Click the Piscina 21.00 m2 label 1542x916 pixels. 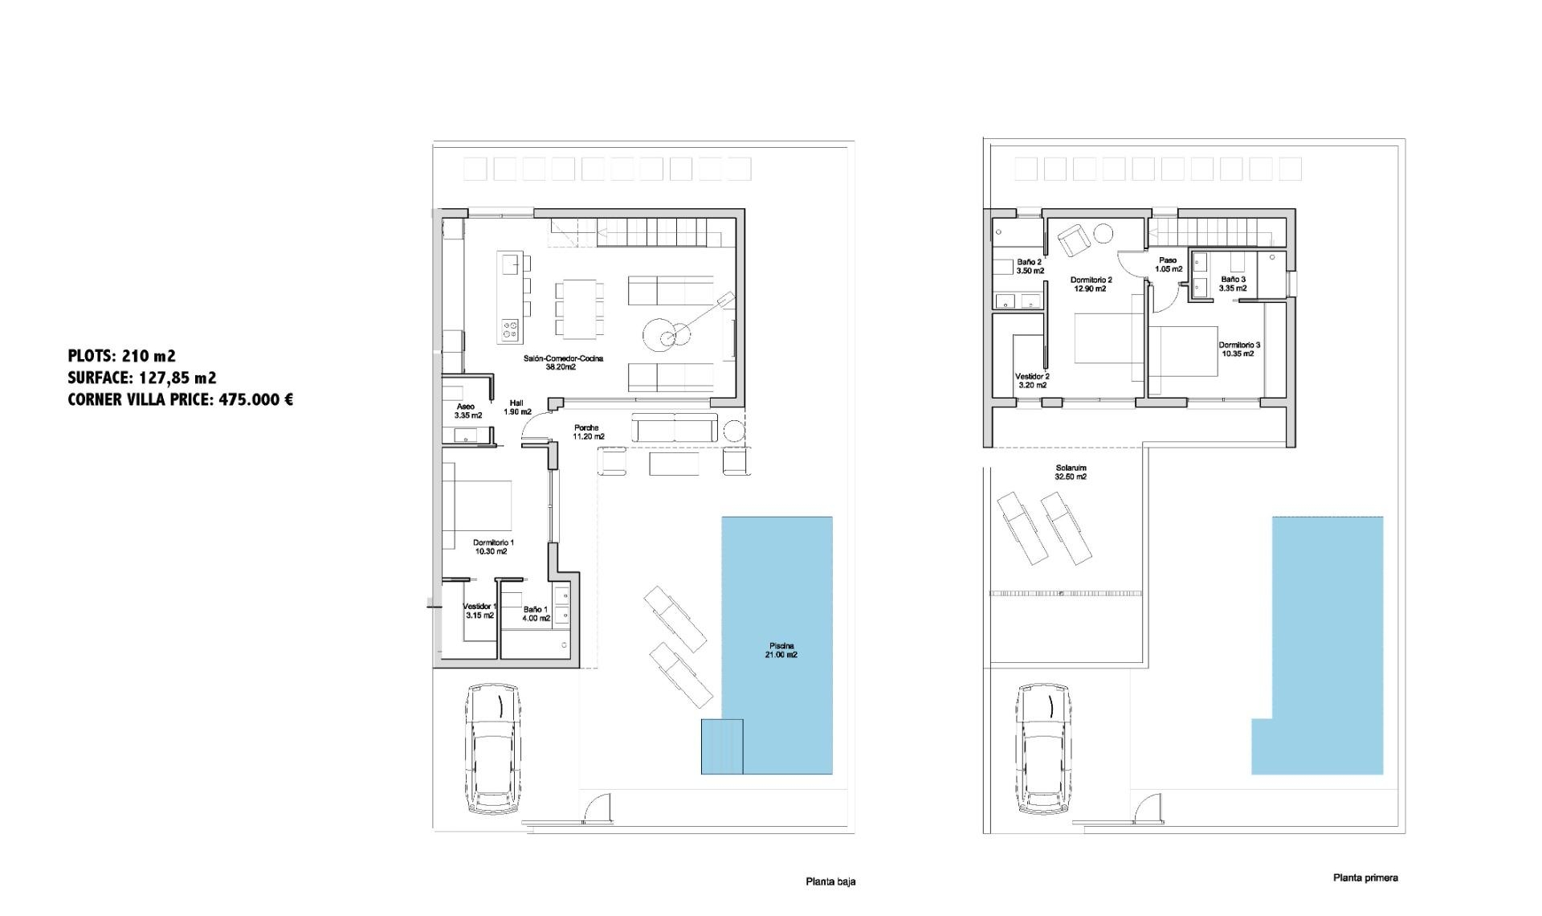[x=781, y=650]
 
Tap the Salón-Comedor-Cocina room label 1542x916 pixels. [x=563, y=362]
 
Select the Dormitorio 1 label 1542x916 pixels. [x=493, y=547]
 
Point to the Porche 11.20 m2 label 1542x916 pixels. [x=587, y=432]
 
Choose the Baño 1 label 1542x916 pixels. [x=536, y=614]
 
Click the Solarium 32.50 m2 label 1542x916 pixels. [x=1071, y=472]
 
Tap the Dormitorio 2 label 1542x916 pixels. [x=1091, y=284]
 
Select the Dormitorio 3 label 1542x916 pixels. [x=1238, y=349]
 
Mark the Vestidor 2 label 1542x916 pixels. [x=1031, y=380]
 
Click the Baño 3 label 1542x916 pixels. [x=1232, y=283]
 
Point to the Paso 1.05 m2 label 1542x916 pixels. [x=1168, y=264]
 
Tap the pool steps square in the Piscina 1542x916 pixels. [x=721, y=746]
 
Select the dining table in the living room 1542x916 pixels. [x=579, y=309]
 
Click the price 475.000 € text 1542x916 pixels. [x=255, y=399]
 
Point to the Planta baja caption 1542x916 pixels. [x=830, y=881]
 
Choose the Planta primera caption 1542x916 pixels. [x=1365, y=877]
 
